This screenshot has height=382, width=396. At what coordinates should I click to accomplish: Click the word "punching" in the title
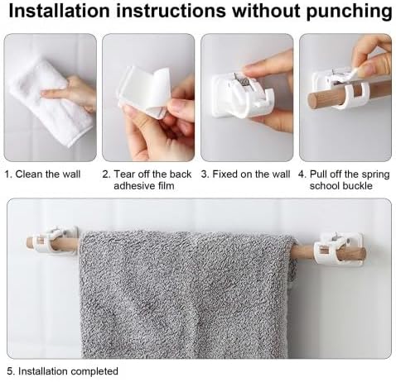(x=349, y=12)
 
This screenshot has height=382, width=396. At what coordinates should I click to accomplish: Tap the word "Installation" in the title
(x=60, y=11)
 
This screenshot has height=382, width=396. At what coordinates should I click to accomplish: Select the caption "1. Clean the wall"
(x=43, y=174)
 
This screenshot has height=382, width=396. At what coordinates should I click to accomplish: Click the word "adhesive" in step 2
(x=133, y=186)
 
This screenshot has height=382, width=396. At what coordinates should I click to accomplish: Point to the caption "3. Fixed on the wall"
(x=245, y=174)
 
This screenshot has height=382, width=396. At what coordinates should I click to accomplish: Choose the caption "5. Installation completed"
(x=62, y=371)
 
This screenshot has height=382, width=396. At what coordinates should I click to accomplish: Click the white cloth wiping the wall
(x=50, y=102)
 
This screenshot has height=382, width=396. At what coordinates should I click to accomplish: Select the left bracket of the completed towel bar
(x=56, y=241)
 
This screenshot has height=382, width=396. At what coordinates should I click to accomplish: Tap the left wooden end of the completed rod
(x=30, y=242)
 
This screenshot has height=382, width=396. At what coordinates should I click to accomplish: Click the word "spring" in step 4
(x=375, y=174)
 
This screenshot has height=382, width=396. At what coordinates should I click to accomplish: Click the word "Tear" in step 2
(x=123, y=174)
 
